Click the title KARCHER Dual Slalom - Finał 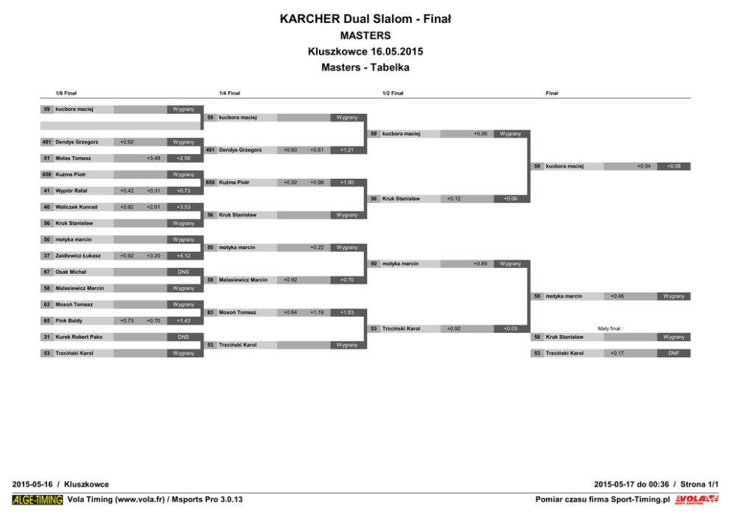(365, 19)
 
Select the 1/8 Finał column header (66, 94)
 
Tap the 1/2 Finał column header (393, 94)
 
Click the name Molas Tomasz (73, 158)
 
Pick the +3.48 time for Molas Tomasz (153, 158)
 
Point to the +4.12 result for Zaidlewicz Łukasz (183, 256)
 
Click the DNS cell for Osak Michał (183, 272)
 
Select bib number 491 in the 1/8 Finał (46, 142)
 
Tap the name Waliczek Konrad (76, 207)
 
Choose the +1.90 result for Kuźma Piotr (346, 183)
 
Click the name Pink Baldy (69, 321)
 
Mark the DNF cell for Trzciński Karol (674, 354)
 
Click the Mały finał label (611, 329)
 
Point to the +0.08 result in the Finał (674, 166)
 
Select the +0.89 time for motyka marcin (480, 264)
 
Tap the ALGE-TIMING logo (38, 500)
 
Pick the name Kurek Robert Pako (79, 337)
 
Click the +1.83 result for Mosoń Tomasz (346, 312)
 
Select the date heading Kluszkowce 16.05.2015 (365, 52)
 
